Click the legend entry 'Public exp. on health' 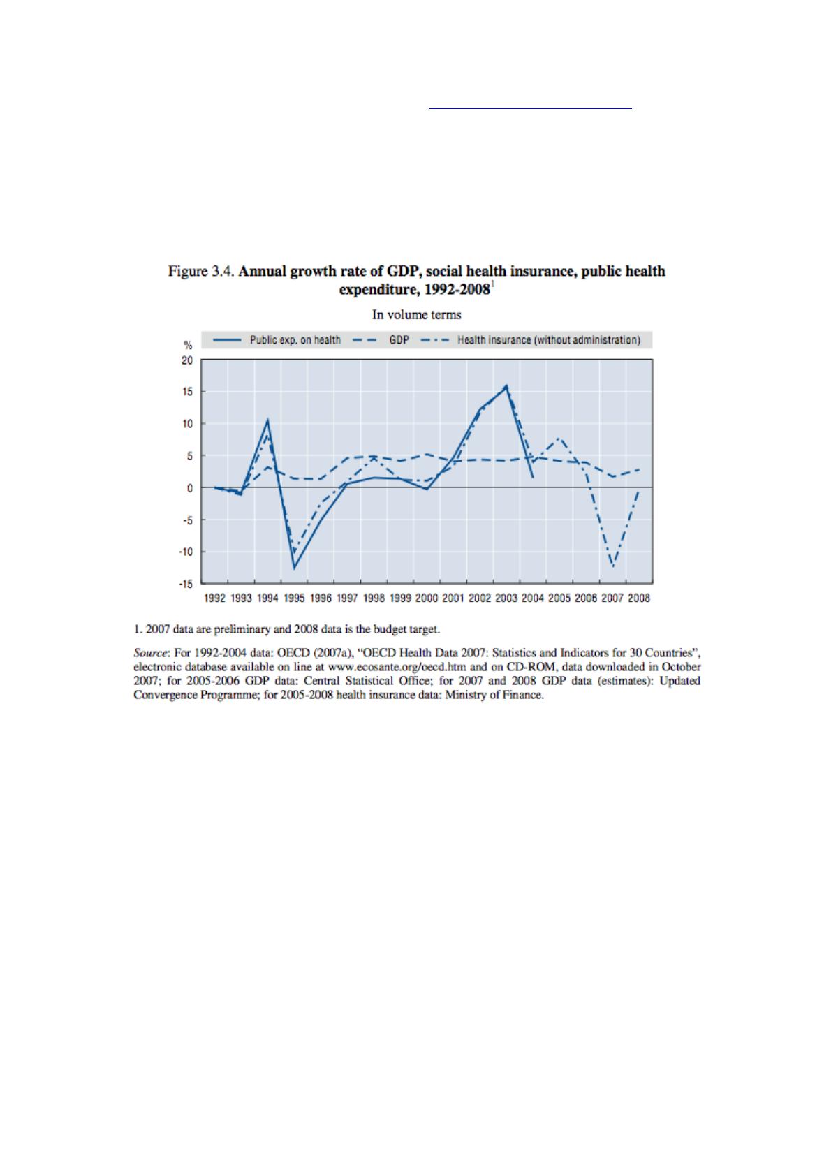pos(295,340)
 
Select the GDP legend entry pos(399,340)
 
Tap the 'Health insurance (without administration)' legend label pos(549,340)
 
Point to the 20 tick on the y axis pos(187,360)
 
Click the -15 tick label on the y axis pos(186,583)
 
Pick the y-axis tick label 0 pos(189,488)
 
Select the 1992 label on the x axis pos(214,598)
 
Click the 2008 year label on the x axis pos(639,598)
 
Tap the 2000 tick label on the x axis pos(427,598)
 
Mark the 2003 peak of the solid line pos(506,386)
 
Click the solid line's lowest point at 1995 pos(294,568)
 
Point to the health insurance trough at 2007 pos(612,566)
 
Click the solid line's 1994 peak pos(267,420)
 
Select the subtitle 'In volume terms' pos(416,315)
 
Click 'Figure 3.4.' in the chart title pos(201,271)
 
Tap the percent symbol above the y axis pos(187,345)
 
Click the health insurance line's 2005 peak pos(559,438)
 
